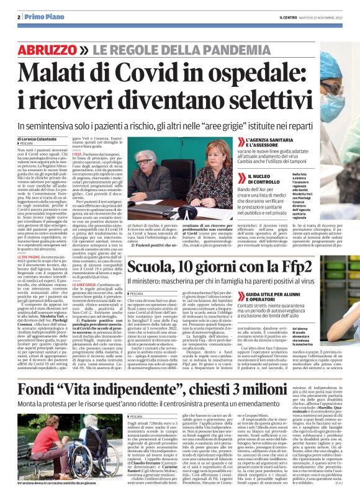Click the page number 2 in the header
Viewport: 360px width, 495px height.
click(x=19, y=17)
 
